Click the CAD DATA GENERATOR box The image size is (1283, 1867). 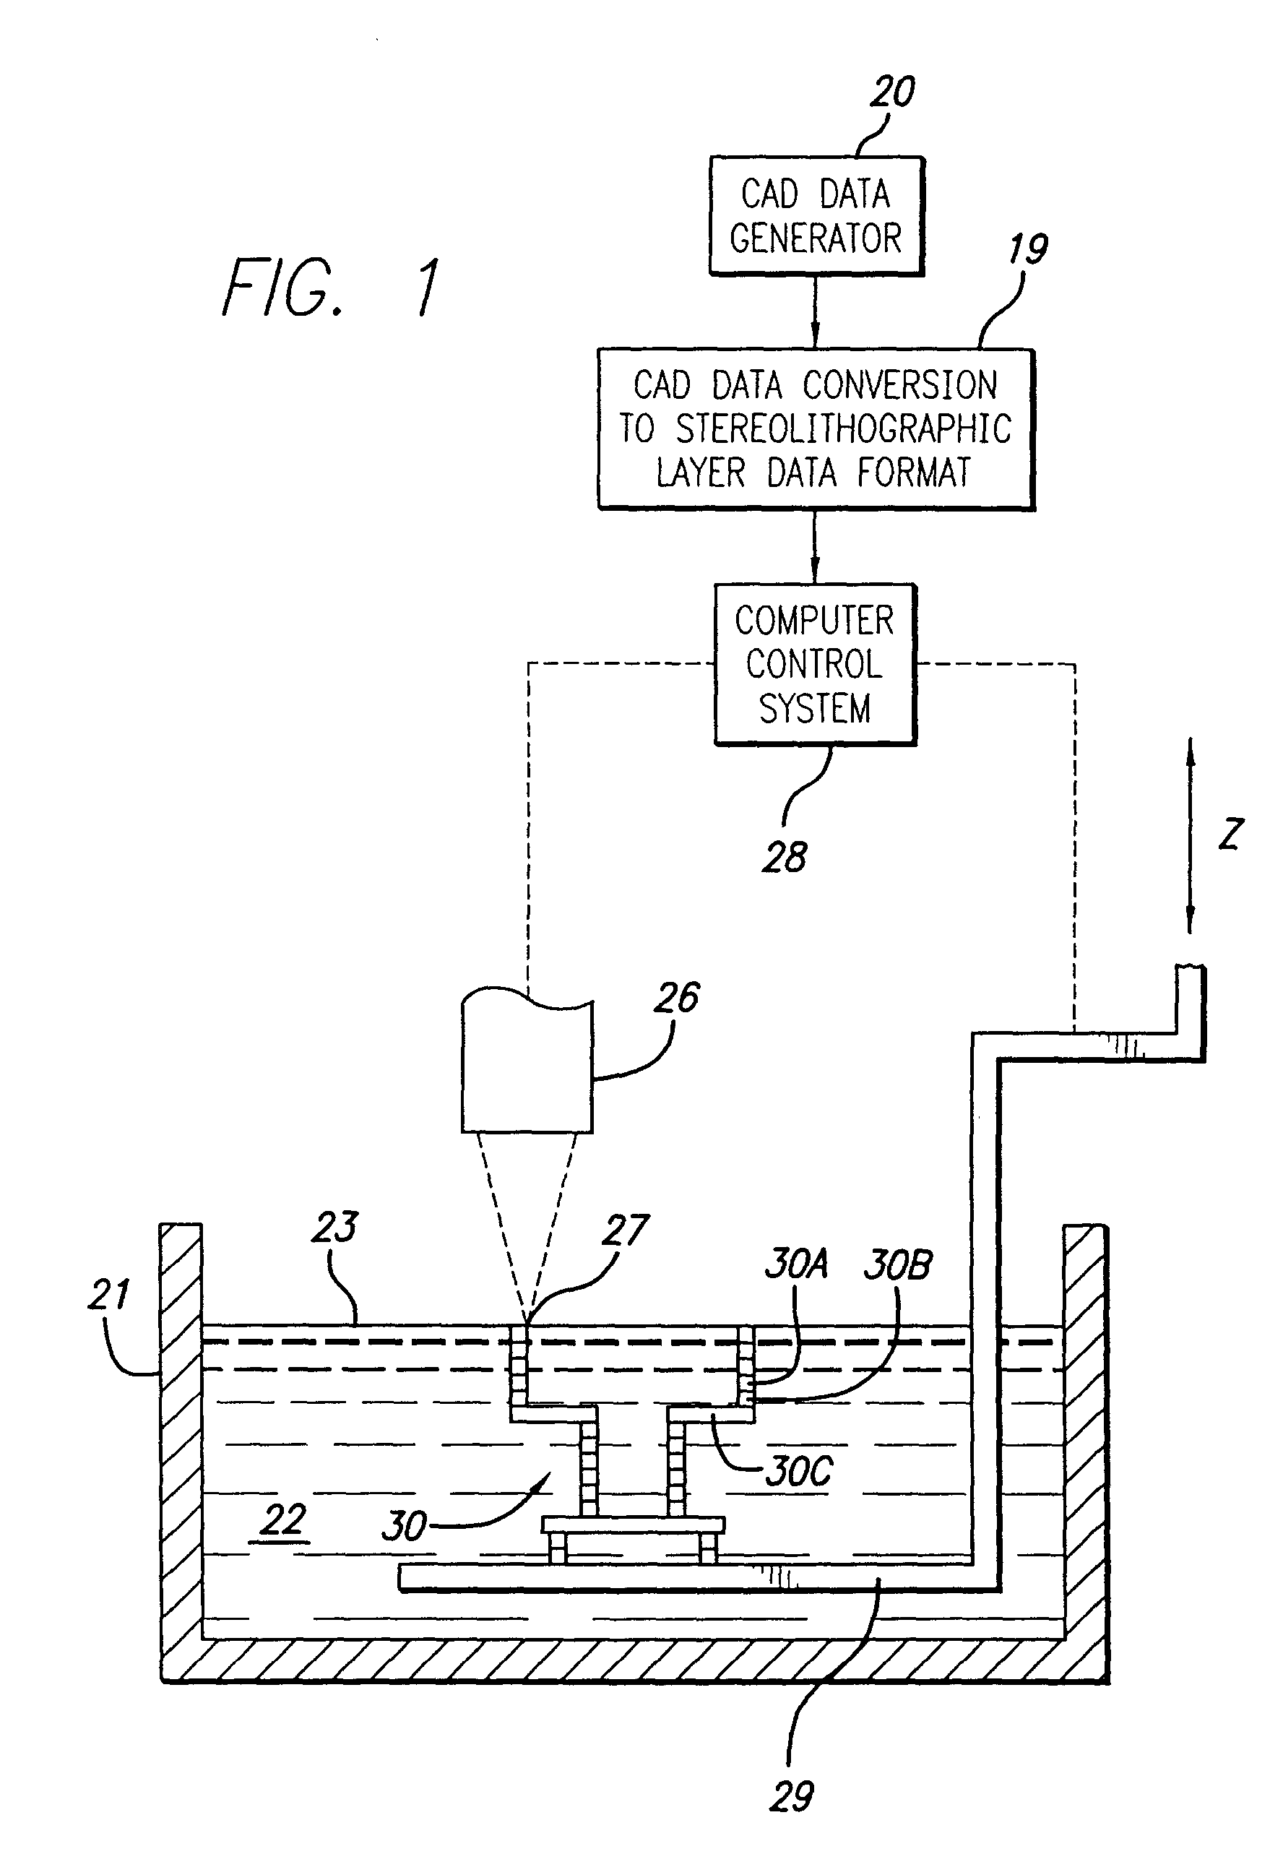coord(816,215)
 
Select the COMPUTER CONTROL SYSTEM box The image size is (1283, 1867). coord(815,664)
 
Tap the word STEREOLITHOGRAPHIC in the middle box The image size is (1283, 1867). coord(842,428)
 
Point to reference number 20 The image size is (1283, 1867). coord(892,92)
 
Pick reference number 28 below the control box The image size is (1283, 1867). coord(785,857)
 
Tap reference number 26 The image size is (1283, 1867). coord(677,998)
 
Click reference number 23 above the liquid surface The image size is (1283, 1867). coord(334,1227)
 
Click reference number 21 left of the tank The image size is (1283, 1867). coord(108,1295)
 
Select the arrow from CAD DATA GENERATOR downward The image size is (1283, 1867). coord(815,311)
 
